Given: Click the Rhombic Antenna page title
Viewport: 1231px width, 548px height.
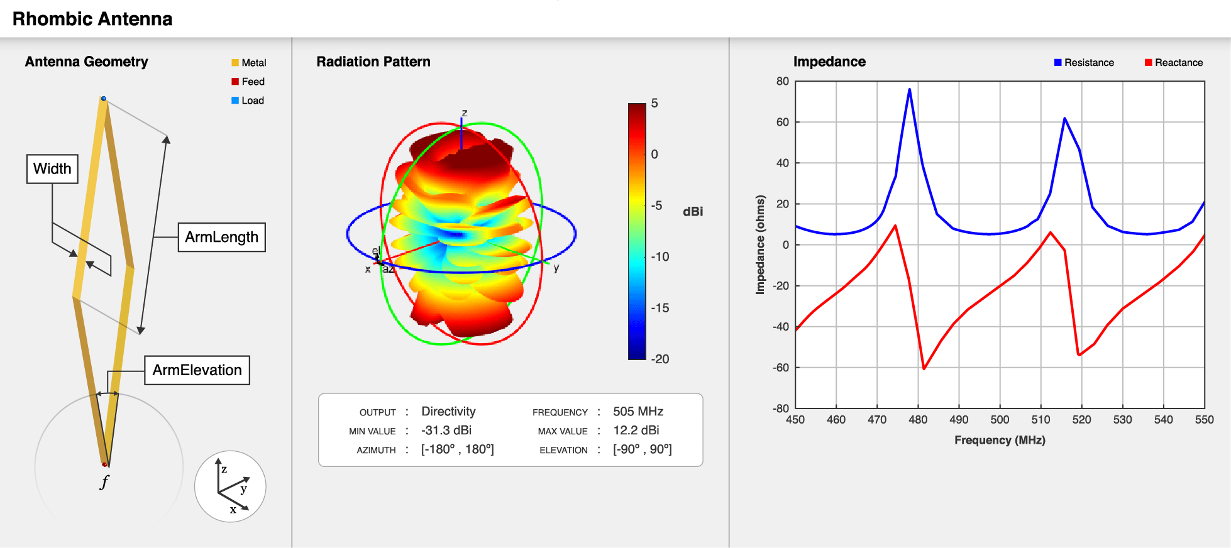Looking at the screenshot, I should coord(92,19).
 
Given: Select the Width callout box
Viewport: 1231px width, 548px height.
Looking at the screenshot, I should coord(52,169).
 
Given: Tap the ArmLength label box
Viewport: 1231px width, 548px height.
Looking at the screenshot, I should coord(221,238).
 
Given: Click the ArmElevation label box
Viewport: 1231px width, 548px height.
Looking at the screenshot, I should coord(197,370).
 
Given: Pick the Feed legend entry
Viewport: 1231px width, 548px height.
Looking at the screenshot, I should coord(248,82).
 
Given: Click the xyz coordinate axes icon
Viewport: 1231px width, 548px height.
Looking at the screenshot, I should coord(230,486).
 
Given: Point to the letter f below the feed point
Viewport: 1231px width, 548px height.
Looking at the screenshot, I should coord(104,482).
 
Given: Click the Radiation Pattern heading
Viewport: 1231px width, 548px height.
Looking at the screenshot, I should coord(373,62).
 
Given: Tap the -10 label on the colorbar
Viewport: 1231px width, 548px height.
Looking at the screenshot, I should coord(660,256).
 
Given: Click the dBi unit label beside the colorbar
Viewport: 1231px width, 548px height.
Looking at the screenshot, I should coord(693,212).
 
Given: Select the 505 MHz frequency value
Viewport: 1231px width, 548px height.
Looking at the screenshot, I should coord(638,412).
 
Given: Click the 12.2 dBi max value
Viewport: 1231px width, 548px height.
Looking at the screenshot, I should coord(636,430).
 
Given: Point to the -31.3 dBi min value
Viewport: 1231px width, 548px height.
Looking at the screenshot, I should coord(446,430).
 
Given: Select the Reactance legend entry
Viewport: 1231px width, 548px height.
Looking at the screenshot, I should coord(1174,63).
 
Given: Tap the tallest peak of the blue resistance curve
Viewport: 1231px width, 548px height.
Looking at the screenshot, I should coord(909,89).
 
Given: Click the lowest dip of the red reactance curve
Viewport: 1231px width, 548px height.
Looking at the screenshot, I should coord(924,369).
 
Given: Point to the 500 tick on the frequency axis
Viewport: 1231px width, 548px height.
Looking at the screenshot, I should coord(1000,420).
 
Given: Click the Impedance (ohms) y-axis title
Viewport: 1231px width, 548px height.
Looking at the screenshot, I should coord(761,244).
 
